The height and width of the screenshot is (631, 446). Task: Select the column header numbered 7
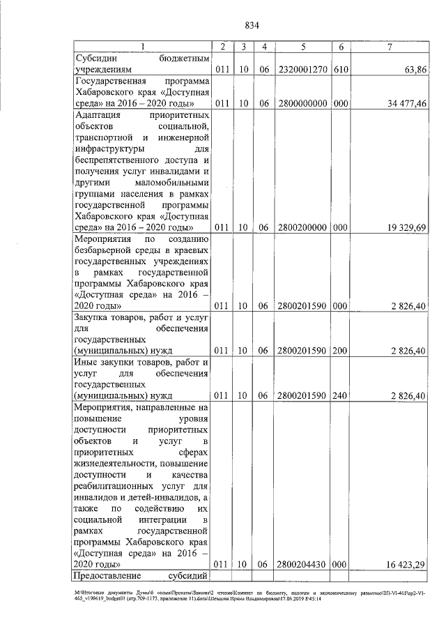[390, 47]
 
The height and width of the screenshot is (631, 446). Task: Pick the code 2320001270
[303, 70]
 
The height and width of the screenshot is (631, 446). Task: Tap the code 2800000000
[303, 103]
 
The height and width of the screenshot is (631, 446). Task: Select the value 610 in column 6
[341, 70]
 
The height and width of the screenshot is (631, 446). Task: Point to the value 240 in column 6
[341, 395]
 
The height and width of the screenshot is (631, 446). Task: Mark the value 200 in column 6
[341, 350]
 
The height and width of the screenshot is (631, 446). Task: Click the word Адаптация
[97, 115]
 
